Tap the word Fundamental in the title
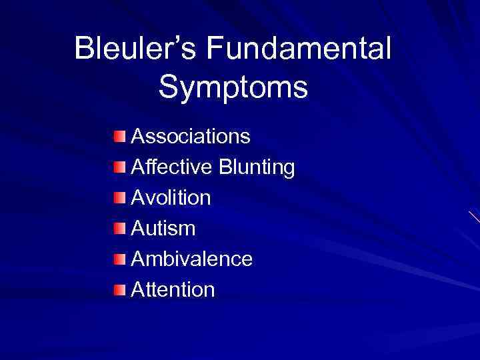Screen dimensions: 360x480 coord(298,49)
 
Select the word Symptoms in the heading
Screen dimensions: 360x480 coord(233,87)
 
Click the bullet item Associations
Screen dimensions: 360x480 coord(191,137)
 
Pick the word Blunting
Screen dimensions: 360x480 coord(257,167)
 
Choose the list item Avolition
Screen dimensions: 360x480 coord(171,198)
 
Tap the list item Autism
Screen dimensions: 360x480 coord(163,229)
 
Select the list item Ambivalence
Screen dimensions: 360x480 coord(192,259)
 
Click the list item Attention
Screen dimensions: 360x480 coord(173,290)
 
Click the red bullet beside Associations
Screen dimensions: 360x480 coord(119,137)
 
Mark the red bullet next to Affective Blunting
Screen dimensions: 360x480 coord(119,167)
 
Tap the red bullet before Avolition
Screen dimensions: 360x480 coord(119,198)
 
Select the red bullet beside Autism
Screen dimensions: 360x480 coord(119,229)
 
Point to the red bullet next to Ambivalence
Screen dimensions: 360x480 coord(119,259)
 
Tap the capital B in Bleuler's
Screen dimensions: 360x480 coord(85,49)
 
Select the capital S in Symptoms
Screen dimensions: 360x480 coord(169,87)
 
